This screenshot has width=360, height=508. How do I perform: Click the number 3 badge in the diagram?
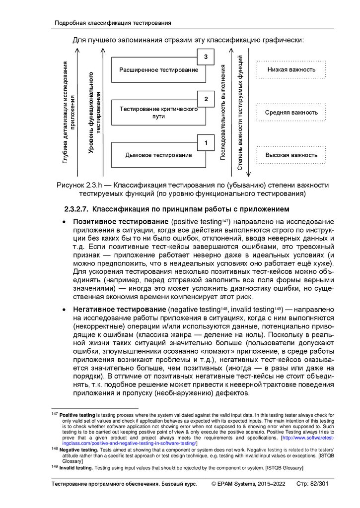206,58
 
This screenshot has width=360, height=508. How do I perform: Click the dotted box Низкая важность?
291,70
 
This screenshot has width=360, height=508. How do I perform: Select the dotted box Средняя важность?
291,113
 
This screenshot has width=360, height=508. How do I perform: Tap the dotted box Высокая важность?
291,155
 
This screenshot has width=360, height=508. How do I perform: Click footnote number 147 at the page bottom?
55,414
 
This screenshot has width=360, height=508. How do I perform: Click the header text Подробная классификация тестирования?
113,23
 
